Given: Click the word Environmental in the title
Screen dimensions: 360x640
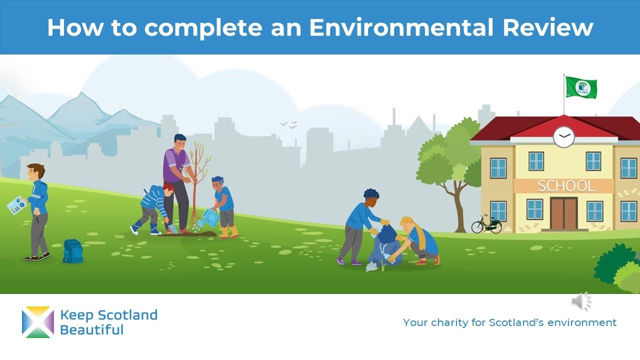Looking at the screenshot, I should pos(402,27).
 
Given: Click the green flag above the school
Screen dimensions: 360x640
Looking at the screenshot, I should pos(581,87).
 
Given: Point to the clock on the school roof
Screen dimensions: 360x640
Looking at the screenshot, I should pos(563,136).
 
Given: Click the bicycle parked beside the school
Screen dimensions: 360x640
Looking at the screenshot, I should pos(486,224).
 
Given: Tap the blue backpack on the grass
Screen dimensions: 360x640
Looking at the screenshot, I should pos(73,251).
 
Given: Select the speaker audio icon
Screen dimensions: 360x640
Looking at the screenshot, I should pos(581,301).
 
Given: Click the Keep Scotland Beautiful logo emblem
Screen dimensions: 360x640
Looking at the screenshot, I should pos(37,322).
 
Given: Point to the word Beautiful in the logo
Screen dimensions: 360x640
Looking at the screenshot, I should pos(91,330).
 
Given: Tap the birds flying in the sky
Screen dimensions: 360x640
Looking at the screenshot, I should pos(288,124).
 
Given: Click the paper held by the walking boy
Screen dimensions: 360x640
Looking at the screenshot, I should pos(16,204).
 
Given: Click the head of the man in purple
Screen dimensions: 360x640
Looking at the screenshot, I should pos(179,141).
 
